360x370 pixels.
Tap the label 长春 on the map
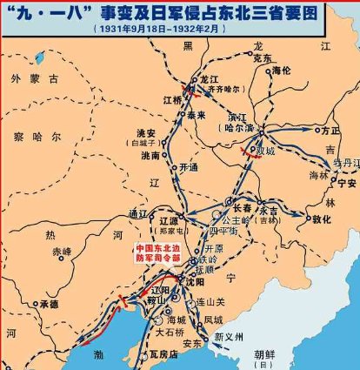tap(243, 208)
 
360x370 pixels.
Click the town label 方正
tap(330, 131)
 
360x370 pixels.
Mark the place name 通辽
tap(137, 214)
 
